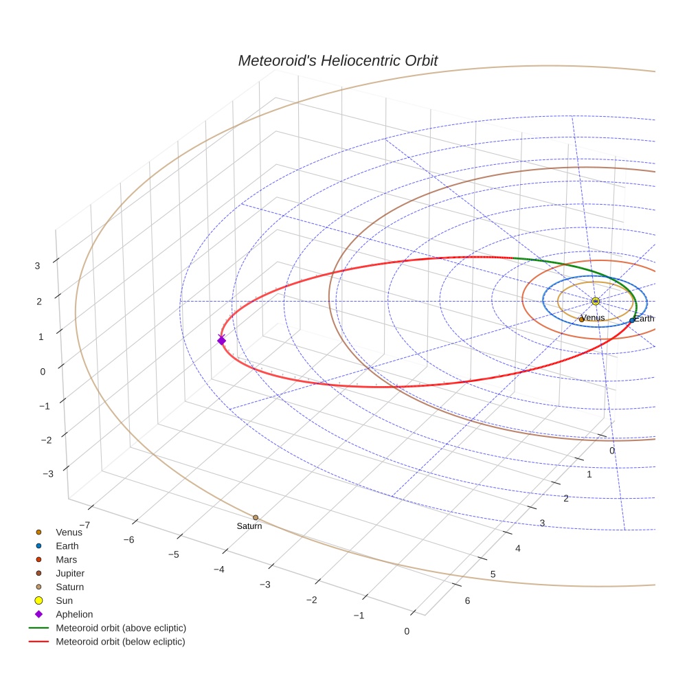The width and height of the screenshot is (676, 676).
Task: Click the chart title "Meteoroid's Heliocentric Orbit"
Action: pyautogui.click(x=337, y=60)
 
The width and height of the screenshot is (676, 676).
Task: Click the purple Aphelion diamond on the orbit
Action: pyautogui.click(x=221, y=340)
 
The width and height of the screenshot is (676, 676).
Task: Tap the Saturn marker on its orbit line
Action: pyautogui.click(x=256, y=517)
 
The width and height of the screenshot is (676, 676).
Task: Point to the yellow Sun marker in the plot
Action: pyautogui.click(x=596, y=301)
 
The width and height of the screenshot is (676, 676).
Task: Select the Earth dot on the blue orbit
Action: pyautogui.click(x=632, y=320)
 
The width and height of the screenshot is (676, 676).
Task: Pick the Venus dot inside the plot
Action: pyautogui.click(x=582, y=319)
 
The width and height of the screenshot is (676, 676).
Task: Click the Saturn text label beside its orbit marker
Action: pyautogui.click(x=249, y=526)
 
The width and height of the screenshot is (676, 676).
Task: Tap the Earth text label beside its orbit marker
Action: pyautogui.click(x=644, y=319)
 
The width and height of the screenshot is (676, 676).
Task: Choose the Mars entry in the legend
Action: pyautogui.click(x=67, y=559)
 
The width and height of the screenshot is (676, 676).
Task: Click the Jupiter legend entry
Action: pyautogui.click(x=70, y=573)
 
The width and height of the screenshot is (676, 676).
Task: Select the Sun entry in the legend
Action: pyautogui.click(x=64, y=600)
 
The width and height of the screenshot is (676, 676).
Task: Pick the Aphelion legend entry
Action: pyautogui.click(x=74, y=614)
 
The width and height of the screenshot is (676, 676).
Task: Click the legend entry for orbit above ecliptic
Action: pyautogui.click(x=121, y=628)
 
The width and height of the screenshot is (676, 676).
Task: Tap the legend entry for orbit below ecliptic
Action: pyautogui.click(x=120, y=642)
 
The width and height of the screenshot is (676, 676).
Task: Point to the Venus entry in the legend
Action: pyautogui.click(x=69, y=532)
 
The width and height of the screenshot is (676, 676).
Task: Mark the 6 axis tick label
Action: pyautogui.click(x=468, y=601)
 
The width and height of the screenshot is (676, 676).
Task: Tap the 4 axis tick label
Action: pyautogui.click(x=518, y=548)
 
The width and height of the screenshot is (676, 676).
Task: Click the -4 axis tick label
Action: pyautogui.click(x=219, y=570)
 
